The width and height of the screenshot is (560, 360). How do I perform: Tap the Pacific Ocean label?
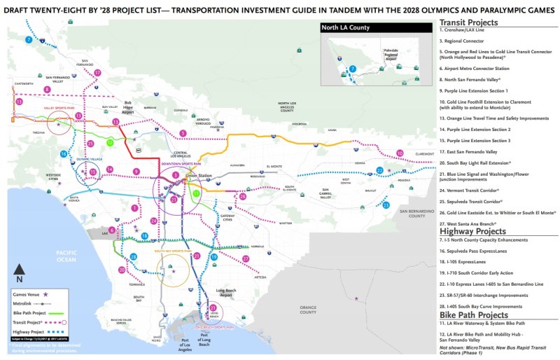(66, 256)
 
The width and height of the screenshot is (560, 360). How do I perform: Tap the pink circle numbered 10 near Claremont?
(400, 153)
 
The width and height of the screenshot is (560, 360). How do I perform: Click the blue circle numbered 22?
(379, 170)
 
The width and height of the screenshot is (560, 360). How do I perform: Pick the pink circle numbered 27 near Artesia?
(246, 259)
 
